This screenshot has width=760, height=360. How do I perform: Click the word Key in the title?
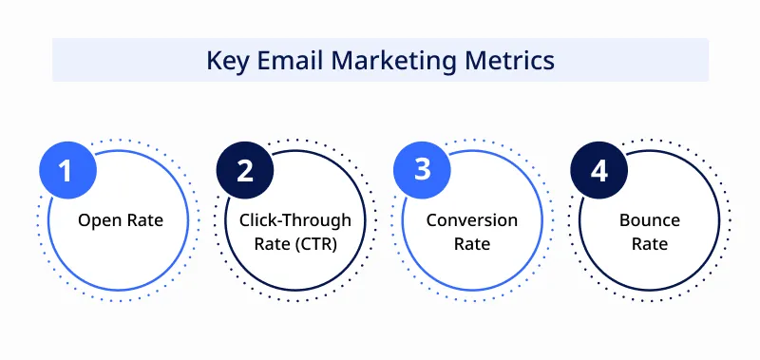coord(226,61)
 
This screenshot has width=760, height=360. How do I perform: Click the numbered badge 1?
coord(66,171)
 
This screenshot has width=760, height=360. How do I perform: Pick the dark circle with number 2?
coord(245,171)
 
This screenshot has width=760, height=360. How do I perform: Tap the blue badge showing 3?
coord(423,171)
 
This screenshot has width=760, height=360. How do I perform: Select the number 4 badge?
coord(598,171)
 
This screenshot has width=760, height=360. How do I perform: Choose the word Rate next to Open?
coord(143,221)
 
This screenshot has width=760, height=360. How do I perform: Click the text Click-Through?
coord(294,220)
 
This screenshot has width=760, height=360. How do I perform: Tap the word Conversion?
coord(472,220)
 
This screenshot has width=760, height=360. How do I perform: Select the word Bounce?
coord(650,220)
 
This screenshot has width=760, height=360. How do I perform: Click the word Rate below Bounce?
coord(650,244)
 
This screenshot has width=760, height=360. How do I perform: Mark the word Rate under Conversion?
coord(472,244)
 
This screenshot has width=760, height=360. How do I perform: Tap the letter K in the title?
coord(214,61)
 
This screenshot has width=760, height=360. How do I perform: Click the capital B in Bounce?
coord(625,220)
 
